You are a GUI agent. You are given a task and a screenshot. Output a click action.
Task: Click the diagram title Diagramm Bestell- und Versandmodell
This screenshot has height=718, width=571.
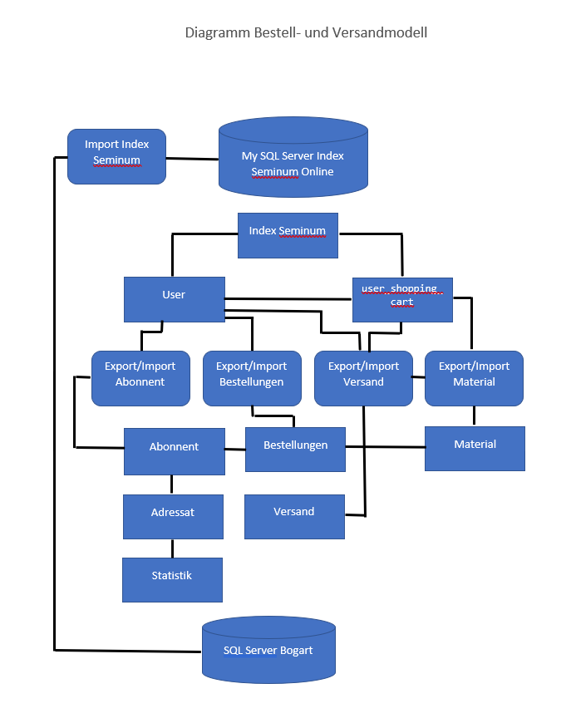306,33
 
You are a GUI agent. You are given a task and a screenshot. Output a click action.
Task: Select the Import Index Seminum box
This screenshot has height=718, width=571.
116,156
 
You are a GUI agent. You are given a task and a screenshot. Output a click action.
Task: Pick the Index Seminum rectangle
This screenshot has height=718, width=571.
287,235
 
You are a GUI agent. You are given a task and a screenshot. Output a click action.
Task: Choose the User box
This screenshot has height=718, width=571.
174,299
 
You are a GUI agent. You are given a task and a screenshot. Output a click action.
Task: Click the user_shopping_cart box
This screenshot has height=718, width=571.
402,299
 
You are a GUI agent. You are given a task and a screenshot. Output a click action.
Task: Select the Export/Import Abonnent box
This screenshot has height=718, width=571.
140,377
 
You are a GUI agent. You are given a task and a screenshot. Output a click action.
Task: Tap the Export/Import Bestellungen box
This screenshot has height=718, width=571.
252,377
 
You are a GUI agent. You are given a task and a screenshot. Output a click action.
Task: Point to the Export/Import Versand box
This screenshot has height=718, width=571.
363,377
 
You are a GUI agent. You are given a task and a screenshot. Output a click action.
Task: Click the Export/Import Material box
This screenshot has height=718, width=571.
474,377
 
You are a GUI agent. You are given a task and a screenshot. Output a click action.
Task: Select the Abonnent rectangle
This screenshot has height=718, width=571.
174,451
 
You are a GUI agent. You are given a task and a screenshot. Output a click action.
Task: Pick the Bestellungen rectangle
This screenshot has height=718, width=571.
295,449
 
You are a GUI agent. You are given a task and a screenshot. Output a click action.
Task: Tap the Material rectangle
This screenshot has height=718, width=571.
475,448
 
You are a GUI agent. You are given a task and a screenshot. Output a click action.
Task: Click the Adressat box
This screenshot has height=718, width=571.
173,516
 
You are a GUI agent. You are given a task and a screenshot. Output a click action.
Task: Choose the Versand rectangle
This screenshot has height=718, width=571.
294,515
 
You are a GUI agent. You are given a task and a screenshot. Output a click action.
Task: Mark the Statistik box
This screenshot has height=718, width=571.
172,579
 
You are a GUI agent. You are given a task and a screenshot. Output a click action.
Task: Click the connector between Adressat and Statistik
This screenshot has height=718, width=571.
173,548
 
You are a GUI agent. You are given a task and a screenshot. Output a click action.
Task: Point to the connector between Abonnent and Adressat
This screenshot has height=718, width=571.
173,484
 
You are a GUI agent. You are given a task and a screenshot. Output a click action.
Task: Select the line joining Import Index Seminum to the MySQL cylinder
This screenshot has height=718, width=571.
192,158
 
